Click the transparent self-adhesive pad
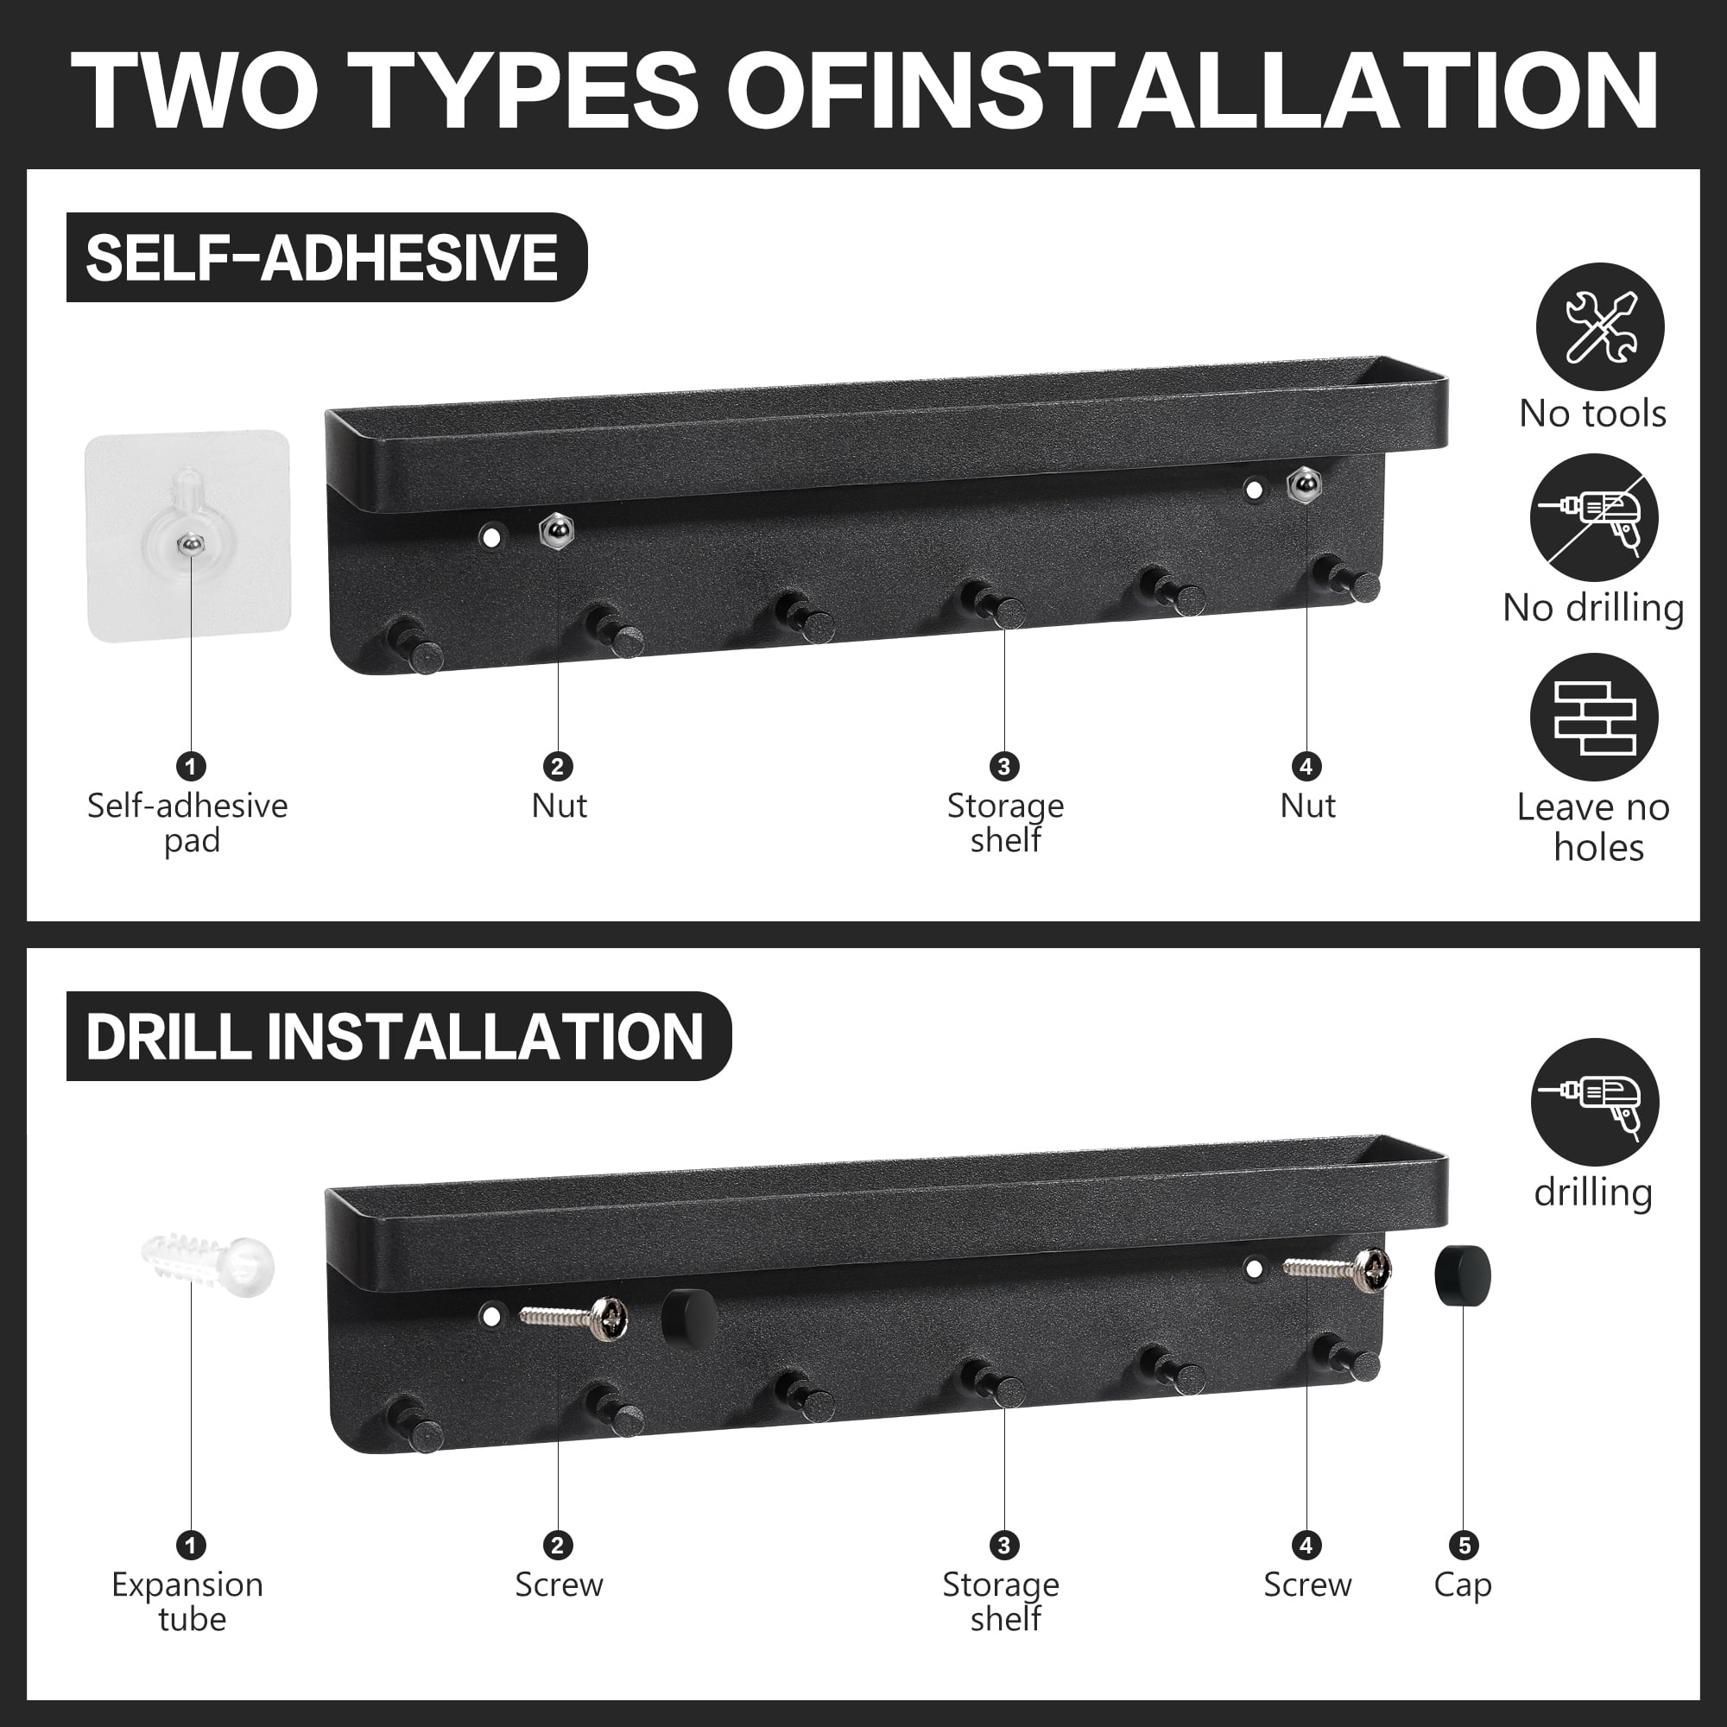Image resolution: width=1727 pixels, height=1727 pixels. click(187, 536)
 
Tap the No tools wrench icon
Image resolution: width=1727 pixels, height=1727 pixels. click(1600, 327)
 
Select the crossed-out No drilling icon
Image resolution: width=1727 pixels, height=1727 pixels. click(1594, 518)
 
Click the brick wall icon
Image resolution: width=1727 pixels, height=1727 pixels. click(1594, 717)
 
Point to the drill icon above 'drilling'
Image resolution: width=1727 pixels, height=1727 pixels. click(1595, 1102)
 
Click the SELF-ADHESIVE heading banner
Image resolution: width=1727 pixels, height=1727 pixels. click(326, 257)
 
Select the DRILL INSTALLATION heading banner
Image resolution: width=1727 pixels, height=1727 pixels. click(399, 1036)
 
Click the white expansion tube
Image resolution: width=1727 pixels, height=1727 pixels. click(208, 1262)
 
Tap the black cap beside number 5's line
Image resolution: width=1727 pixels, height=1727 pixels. click(1463, 1275)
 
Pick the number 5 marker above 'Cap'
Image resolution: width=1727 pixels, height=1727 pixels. click(1464, 1545)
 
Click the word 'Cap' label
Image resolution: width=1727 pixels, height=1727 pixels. click(1463, 1585)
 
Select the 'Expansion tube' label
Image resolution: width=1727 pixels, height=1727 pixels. click(188, 1601)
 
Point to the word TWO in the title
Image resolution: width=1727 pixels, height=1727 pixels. click(195, 91)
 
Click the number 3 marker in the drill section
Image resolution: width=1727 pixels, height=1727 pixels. click(1004, 1545)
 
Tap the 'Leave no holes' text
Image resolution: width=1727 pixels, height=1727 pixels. click(1594, 827)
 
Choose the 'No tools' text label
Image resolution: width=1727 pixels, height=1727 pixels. click(1593, 413)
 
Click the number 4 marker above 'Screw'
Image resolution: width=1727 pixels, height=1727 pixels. click(1306, 1545)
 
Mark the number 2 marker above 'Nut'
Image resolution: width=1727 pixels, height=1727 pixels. click(558, 766)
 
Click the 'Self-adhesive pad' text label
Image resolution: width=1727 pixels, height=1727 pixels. click(188, 822)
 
